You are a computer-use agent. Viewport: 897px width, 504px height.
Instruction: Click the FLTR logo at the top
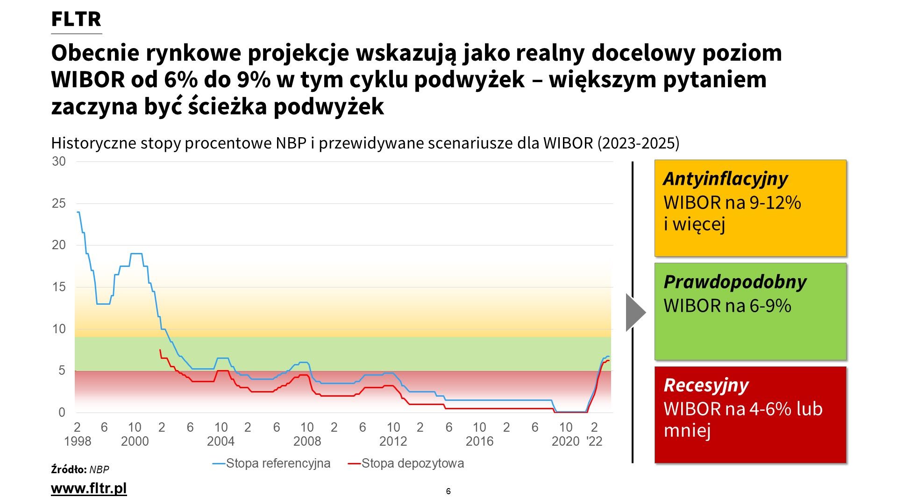pos(76,20)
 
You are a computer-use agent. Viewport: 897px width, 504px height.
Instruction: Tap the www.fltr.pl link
pos(89,488)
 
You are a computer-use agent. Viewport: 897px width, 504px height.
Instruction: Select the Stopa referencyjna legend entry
pos(278,463)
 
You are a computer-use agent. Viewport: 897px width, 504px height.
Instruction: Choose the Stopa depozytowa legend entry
pos(412,463)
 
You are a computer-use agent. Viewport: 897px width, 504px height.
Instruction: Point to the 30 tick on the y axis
pos(59,161)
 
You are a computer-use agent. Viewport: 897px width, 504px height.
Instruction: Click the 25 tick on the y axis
pos(59,203)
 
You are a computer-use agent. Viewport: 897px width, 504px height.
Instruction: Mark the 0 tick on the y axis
pos(62,413)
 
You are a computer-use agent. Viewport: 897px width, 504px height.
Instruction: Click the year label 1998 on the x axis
pos(78,441)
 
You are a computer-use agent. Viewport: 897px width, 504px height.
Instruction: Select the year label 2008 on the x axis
pos(307,441)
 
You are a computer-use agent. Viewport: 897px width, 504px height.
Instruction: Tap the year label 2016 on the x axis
pos(479,441)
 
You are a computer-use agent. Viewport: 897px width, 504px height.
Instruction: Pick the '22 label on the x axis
pos(594,441)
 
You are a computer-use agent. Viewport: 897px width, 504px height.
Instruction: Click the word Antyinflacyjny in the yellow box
pos(725,179)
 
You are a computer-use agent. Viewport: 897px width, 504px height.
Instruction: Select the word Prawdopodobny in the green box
pos(735,282)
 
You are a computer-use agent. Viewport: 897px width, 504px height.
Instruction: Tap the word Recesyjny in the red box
pos(706,385)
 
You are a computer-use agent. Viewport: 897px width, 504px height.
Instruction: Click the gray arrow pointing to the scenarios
pos(635,313)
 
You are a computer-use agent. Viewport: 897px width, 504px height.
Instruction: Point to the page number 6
pos(448,491)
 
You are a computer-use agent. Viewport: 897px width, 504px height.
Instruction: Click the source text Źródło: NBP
pos(80,469)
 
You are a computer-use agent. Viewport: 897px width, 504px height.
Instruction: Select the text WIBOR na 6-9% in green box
pos(727,306)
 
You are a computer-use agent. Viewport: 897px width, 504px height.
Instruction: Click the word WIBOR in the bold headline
pos(87,80)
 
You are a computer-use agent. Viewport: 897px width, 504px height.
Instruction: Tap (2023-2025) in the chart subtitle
pos(638,143)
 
